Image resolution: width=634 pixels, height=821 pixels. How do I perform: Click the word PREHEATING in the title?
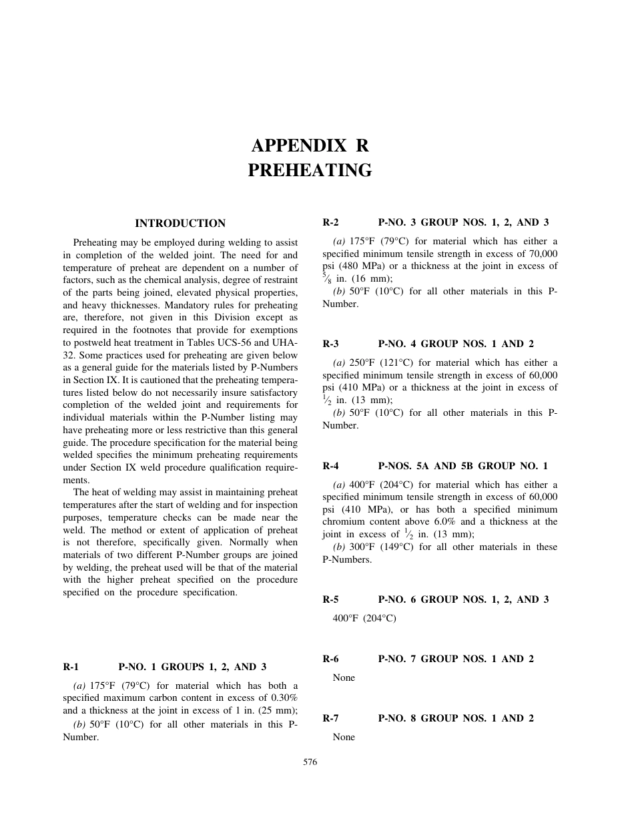[x=310, y=171]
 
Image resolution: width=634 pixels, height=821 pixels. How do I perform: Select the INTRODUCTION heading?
[x=180, y=224]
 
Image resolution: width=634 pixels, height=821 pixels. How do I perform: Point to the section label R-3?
[x=330, y=344]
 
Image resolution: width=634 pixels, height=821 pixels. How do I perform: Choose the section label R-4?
[x=330, y=466]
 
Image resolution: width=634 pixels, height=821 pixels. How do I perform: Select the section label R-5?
[x=330, y=599]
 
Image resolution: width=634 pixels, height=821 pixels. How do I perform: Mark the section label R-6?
[x=330, y=659]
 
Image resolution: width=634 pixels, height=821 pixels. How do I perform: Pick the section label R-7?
[x=330, y=718]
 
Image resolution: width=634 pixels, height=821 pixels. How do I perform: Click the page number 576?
[x=310, y=762]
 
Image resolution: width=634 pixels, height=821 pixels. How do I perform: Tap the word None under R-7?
[x=344, y=738]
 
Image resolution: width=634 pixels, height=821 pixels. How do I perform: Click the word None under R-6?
[x=344, y=678]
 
